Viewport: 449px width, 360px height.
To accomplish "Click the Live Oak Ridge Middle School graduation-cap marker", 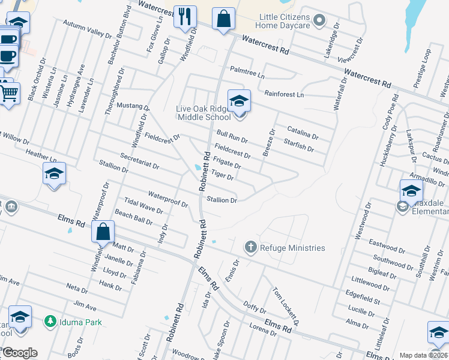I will [238, 101].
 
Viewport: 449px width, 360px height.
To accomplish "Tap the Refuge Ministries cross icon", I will [250, 247].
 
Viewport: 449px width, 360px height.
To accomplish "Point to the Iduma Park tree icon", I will [50, 322].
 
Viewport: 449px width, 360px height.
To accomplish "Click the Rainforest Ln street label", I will [284, 95].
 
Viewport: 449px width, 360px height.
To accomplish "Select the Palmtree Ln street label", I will [247, 74].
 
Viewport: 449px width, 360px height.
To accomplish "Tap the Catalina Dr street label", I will [303, 133].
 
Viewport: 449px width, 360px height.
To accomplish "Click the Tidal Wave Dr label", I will [143, 205].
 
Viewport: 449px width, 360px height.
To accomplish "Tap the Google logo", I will [19, 353].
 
